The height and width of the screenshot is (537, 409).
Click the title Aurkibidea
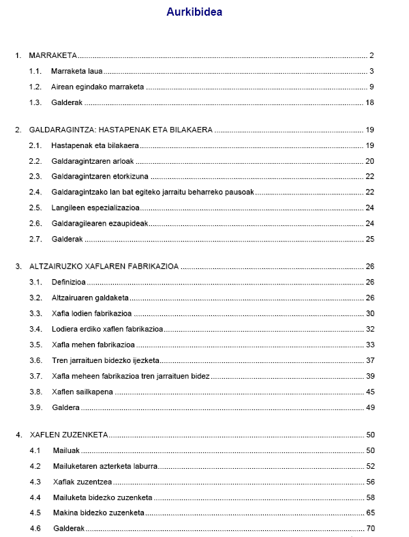point(194,12)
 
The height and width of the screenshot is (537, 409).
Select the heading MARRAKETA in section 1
point(52,55)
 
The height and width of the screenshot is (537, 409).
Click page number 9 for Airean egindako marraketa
point(372,87)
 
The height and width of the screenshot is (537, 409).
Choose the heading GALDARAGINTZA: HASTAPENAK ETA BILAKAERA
point(121,130)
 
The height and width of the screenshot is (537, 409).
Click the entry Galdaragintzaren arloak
point(93,161)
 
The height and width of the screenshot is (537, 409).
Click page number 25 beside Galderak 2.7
point(370,239)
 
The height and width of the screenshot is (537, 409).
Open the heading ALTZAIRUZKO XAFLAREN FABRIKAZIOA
point(104,267)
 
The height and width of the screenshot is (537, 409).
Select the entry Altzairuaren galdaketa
point(90,298)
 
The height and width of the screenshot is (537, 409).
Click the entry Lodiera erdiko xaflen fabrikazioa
point(107,329)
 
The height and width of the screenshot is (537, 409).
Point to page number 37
point(370,360)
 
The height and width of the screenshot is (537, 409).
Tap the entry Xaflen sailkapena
point(82,392)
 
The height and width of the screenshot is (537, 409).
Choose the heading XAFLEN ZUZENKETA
point(70,435)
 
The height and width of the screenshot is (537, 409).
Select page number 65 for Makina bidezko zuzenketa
point(370,512)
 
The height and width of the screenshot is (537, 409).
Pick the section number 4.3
point(35,482)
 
